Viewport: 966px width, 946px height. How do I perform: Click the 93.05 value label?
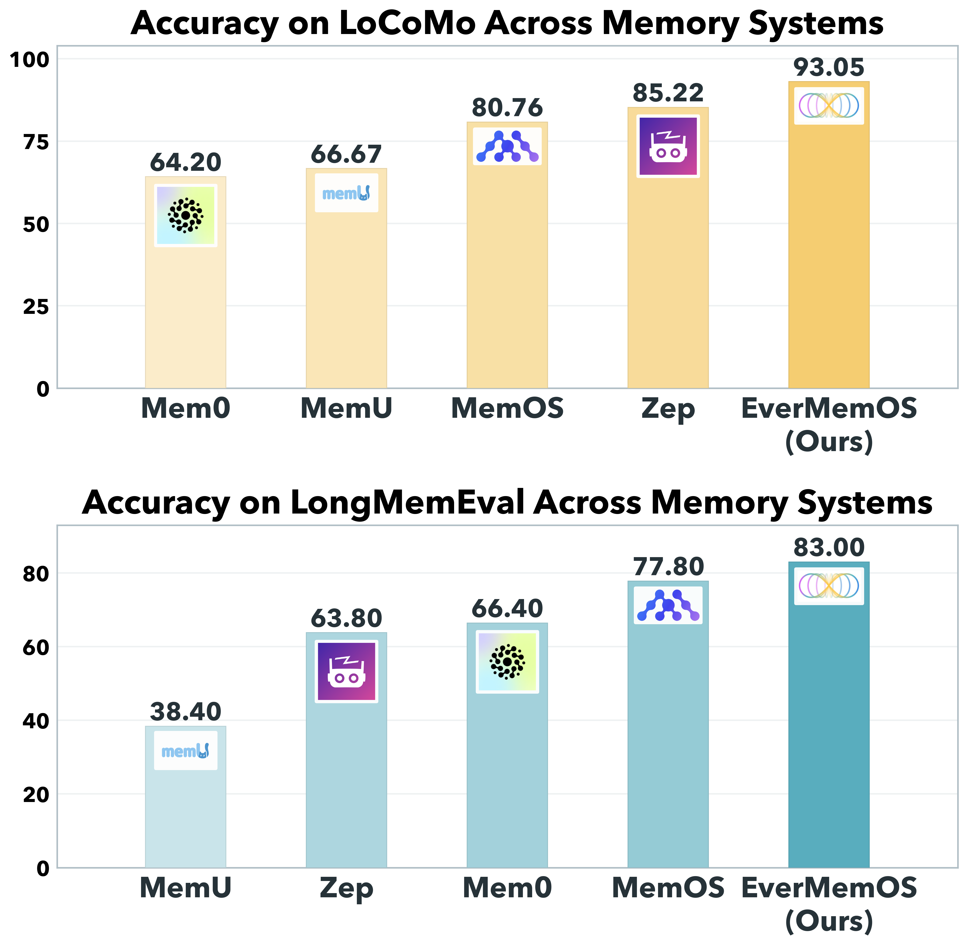click(828, 68)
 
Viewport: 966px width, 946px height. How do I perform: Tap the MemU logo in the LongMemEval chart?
click(186, 750)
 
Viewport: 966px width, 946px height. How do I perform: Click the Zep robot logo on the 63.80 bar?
click(347, 671)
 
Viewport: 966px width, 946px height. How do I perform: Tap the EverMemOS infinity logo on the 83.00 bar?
click(828, 586)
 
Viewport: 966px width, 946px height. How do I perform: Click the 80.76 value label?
click(507, 108)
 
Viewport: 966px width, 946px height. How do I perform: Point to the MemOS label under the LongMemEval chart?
click(668, 888)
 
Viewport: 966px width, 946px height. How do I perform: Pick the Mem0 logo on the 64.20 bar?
click(186, 215)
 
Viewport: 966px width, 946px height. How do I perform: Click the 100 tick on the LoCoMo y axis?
click(30, 60)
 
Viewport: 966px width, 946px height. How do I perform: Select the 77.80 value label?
click(668, 567)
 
